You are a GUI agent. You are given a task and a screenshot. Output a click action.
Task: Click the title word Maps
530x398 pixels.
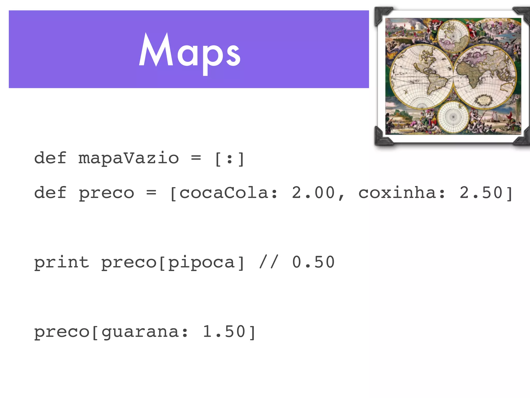pos(190,52)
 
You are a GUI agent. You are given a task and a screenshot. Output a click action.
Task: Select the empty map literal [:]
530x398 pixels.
pos(229,159)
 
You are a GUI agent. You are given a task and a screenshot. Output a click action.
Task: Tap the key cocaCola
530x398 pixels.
pos(224,193)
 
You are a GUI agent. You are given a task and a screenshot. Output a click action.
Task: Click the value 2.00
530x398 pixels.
pos(313,193)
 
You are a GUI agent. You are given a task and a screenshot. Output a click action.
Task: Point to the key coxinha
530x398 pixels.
pos(397,193)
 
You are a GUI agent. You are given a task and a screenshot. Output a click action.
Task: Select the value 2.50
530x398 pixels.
pos(481,193)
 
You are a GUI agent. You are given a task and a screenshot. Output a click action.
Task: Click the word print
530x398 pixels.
pos(62,262)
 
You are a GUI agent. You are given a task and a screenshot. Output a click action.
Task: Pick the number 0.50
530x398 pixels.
pos(313,262)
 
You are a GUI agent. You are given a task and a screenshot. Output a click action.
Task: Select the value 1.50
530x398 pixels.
pos(224,332)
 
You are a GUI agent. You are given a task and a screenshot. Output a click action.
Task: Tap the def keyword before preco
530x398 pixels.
pos(50,193)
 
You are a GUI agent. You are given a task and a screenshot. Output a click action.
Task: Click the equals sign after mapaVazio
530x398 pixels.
pos(196,157)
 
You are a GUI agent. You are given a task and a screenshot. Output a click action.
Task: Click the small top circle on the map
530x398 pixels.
pos(453,36)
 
